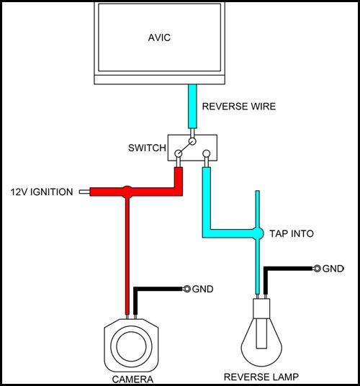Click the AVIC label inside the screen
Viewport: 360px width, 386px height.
click(x=159, y=37)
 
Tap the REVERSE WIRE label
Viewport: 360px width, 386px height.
click(x=239, y=107)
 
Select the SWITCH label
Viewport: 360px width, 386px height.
click(x=147, y=148)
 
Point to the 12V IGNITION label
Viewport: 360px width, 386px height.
click(x=42, y=192)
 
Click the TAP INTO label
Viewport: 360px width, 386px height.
click(x=292, y=233)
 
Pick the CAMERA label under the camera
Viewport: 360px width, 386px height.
click(x=132, y=379)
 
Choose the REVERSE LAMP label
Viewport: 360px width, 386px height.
click(x=261, y=377)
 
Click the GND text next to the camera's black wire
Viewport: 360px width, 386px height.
click(x=202, y=289)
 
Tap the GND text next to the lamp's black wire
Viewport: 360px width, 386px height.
click(x=333, y=269)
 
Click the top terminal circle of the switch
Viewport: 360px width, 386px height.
click(x=192, y=141)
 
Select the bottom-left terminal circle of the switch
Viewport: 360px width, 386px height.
click(x=179, y=153)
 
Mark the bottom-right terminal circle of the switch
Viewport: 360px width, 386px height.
click(x=206, y=153)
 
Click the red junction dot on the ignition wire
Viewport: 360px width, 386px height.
click(x=127, y=192)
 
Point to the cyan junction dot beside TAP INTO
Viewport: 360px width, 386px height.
click(x=258, y=233)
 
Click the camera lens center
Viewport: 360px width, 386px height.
click(x=131, y=346)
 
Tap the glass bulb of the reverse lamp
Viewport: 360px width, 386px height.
click(x=261, y=345)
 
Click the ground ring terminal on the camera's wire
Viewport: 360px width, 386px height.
click(x=187, y=289)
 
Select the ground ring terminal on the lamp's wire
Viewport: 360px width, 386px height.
click(x=318, y=269)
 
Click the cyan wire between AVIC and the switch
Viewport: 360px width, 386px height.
click(x=192, y=107)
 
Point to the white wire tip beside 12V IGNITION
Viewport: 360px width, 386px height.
click(x=84, y=192)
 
